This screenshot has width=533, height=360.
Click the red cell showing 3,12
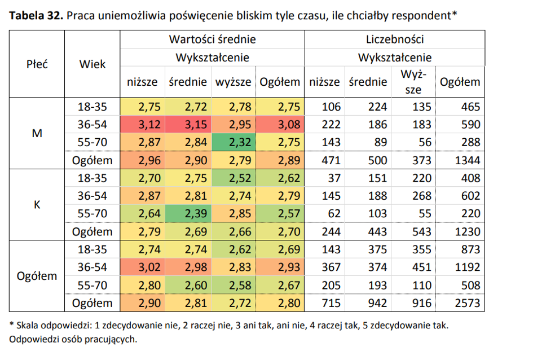click(x=143, y=124)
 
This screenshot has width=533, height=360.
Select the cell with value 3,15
click(x=188, y=124)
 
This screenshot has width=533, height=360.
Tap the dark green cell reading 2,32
click(x=234, y=142)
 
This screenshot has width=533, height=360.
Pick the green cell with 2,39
click(x=188, y=213)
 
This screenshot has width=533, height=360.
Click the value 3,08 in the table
click(x=280, y=124)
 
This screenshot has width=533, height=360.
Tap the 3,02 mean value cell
click(x=143, y=267)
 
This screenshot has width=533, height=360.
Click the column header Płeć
click(x=37, y=64)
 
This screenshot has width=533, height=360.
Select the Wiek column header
click(x=92, y=64)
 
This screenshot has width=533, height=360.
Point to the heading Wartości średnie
click(x=213, y=39)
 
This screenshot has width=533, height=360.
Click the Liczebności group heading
click(x=395, y=39)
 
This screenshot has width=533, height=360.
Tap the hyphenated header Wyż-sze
click(x=413, y=82)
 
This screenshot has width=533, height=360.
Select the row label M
click(x=37, y=133)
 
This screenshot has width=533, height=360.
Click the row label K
click(x=37, y=205)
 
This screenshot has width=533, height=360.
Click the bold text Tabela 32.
click(x=36, y=15)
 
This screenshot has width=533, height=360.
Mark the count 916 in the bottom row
click(x=422, y=303)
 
